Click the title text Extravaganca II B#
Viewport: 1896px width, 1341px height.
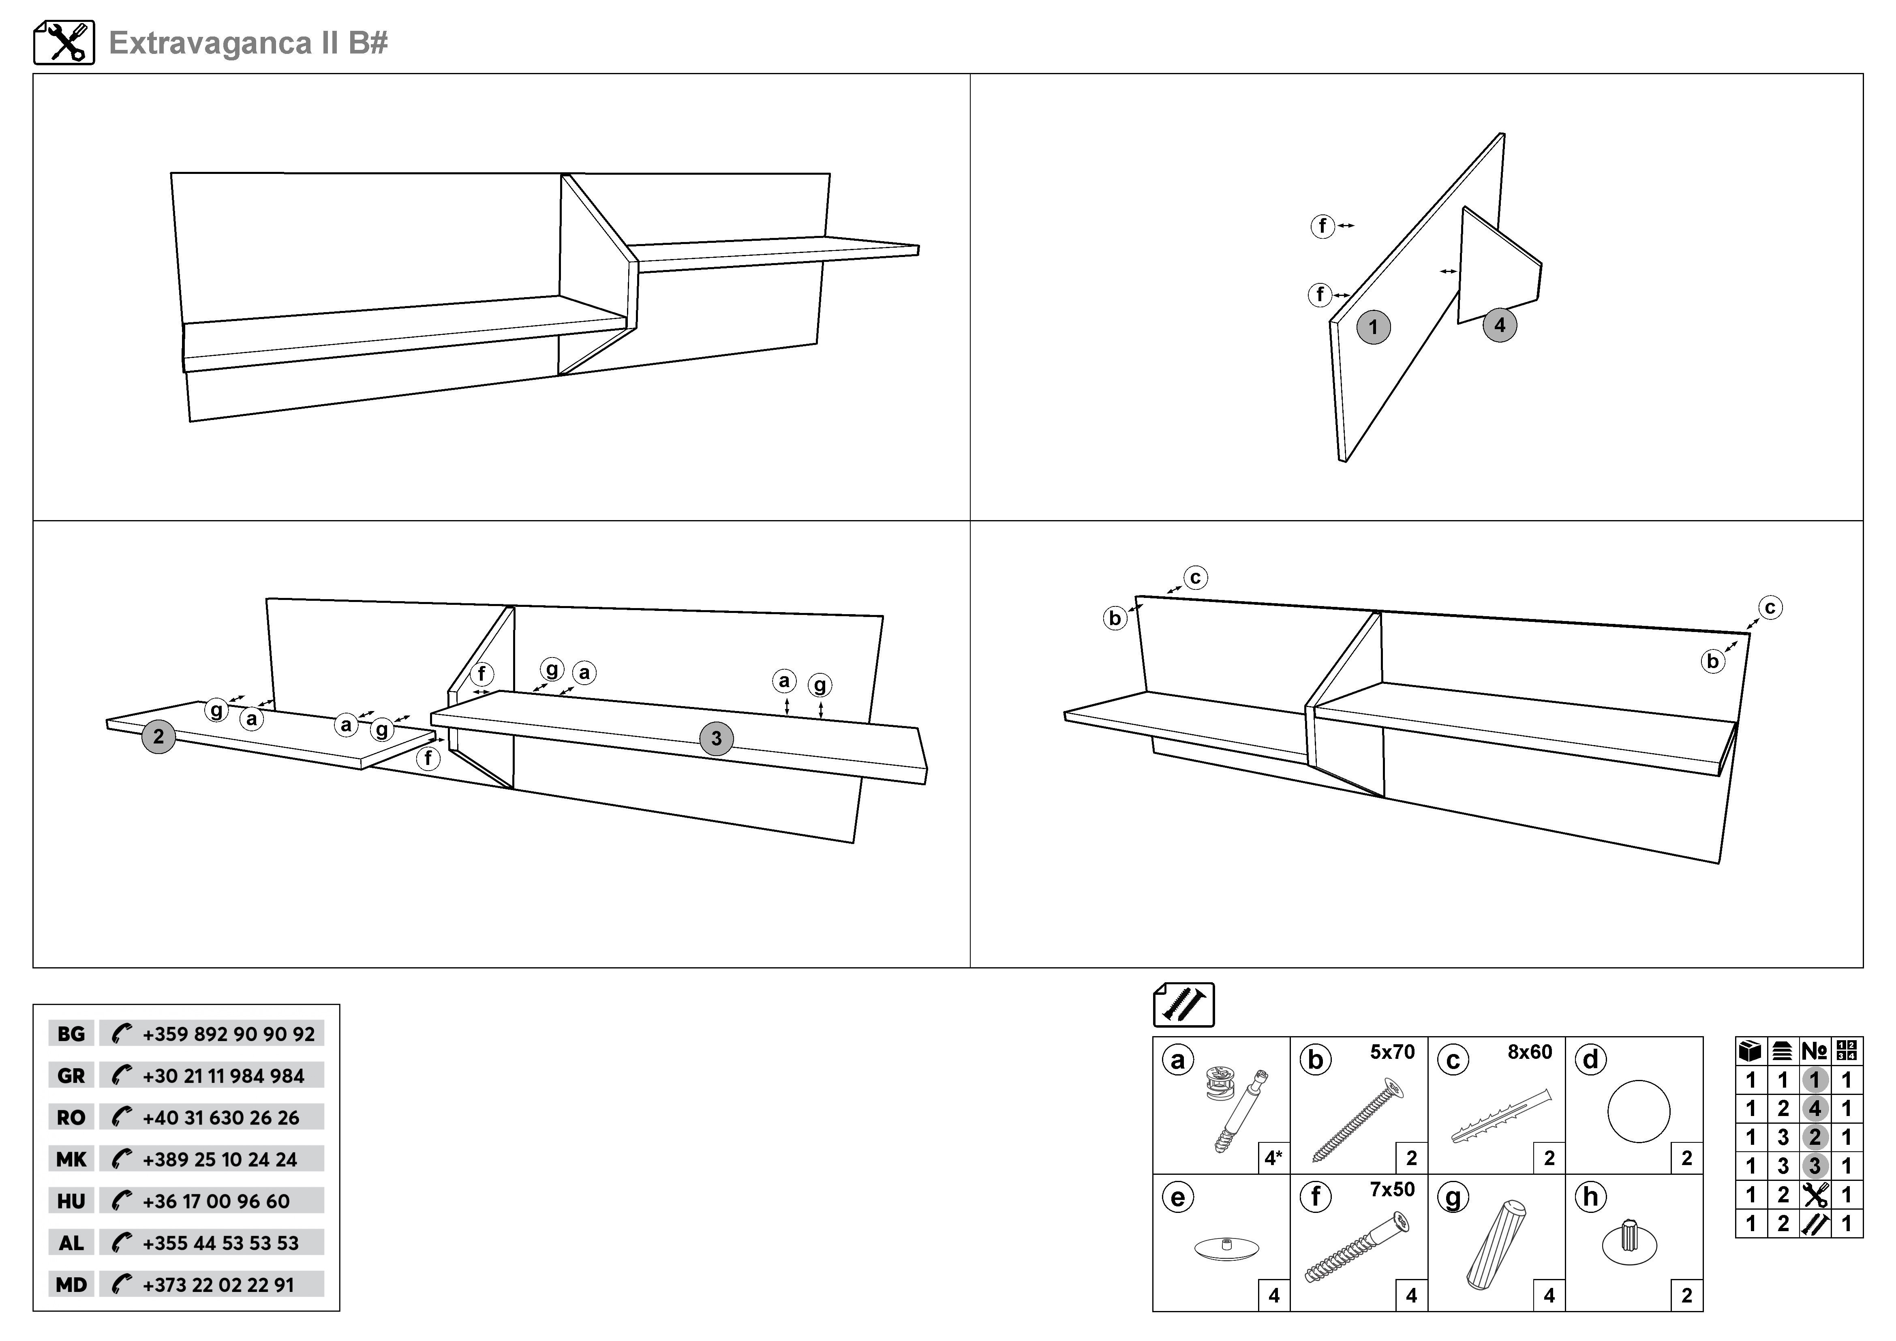[x=248, y=43]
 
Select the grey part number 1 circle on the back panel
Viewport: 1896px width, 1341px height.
[x=1373, y=327]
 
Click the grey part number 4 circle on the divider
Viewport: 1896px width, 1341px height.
[x=1500, y=326]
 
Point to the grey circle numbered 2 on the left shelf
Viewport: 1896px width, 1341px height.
[x=158, y=737]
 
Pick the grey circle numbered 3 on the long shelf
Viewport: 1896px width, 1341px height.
[x=716, y=738]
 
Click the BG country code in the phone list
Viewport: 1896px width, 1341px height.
[x=71, y=1034]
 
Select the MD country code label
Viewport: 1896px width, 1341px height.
[x=71, y=1285]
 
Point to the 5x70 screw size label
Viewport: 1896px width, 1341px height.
[x=1392, y=1052]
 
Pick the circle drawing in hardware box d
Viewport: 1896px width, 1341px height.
[x=1638, y=1112]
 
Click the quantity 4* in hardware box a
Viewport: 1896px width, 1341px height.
[x=1273, y=1159]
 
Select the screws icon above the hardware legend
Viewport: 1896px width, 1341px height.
[x=1183, y=1005]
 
